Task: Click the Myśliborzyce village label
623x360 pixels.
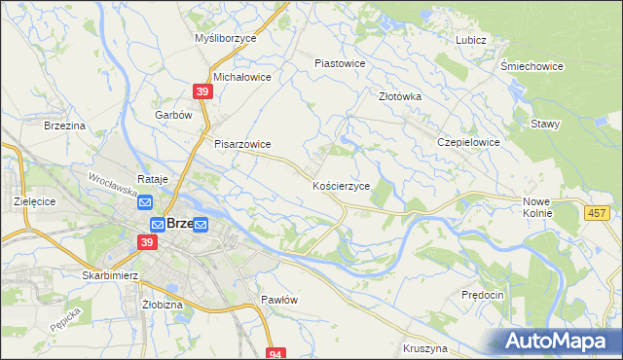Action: click(224, 38)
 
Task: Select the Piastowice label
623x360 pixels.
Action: click(339, 63)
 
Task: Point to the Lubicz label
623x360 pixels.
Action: click(470, 40)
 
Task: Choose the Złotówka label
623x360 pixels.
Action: click(399, 96)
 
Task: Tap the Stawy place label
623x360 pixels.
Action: click(544, 124)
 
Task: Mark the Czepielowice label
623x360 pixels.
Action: click(468, 141)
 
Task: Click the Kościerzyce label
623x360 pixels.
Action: click(340, 185)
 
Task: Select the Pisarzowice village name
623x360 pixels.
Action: click(242, 144)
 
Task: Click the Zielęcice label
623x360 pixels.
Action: click(32, 200)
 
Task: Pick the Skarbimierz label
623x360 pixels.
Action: click(113, 275)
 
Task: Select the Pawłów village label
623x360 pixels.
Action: click(278, 300)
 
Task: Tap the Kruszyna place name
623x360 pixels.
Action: click(423, 347)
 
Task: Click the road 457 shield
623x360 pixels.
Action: click(599, 212)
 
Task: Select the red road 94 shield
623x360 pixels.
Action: click(277, 354)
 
